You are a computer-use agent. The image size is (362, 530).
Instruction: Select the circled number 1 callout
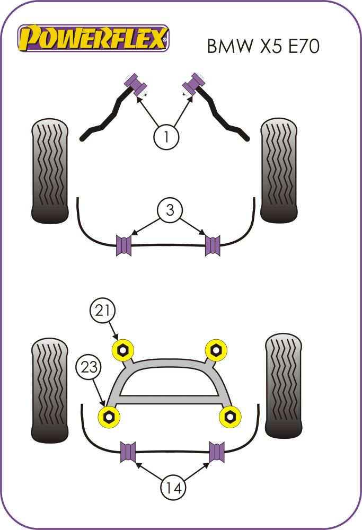pos(166,137)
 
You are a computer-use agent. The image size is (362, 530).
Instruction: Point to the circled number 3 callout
pos(170,210)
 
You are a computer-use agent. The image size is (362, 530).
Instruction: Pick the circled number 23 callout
pos(89,367)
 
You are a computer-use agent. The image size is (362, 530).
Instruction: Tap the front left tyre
pos(50,171)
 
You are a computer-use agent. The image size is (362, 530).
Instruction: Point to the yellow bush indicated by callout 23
pos(109,416)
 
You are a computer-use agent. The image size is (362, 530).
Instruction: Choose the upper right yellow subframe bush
pos(215,350)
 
